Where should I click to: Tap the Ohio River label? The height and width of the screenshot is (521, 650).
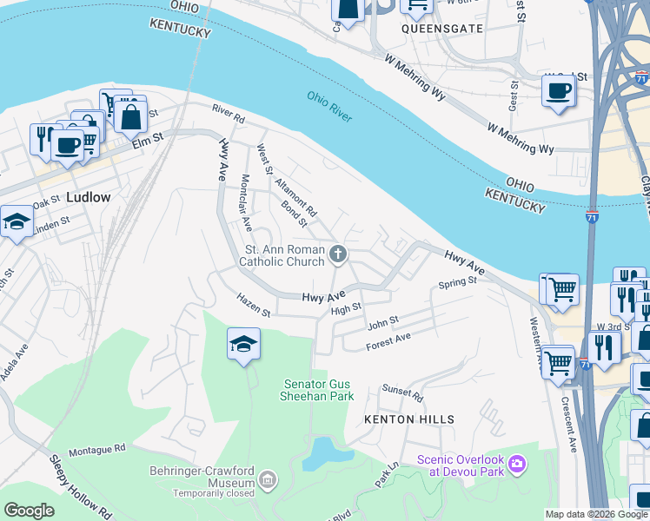pos(329,106)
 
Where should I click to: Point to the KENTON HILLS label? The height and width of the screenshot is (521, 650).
pos(410,419)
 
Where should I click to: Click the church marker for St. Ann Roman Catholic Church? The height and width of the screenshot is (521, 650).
pos(338,254)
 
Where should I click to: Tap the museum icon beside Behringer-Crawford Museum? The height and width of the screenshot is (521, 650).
pos(267,480)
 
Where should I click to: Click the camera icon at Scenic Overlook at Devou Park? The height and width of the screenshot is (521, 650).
pos(517,465)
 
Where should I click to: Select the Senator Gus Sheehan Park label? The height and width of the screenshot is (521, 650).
pos(319,390)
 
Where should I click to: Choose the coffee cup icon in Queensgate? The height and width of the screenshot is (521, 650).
pos(558,90)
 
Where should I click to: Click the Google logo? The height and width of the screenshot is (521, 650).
pos(29,511)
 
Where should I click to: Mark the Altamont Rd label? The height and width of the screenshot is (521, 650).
pos(296,197)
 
